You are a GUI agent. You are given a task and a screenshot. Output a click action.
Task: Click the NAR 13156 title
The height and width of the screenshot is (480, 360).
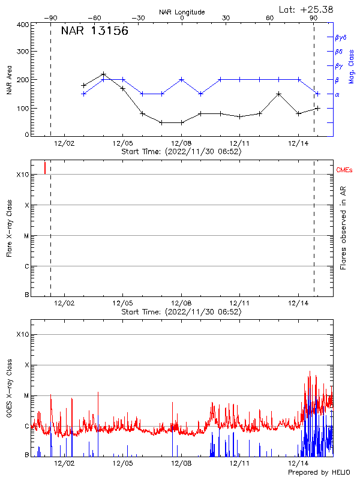click(x=94, y=32)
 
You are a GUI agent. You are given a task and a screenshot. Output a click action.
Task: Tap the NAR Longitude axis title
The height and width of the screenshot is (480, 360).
click(x=182, y=12)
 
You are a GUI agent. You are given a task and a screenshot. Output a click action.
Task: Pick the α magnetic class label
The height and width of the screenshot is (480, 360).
click(x=337, y=94)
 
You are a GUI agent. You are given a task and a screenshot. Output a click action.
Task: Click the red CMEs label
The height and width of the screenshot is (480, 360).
click(x=344, y=170)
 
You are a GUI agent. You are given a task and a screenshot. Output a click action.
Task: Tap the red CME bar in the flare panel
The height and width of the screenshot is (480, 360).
click(x=45, y=167)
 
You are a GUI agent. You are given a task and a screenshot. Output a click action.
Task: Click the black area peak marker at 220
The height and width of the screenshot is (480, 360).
click(x=104, y=74)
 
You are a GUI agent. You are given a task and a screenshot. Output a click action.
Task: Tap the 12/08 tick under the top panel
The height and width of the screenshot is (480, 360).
click(x=181, y=143)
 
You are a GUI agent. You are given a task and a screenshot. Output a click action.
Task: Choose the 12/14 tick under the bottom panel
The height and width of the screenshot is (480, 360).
click(x=299, y=463)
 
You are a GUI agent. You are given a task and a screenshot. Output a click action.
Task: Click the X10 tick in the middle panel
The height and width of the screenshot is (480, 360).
click(x=23, y=175)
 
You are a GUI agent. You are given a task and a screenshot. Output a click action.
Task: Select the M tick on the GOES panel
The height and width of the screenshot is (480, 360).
click(x=26, y=396)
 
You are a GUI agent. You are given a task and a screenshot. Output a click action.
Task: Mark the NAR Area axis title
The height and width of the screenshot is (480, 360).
click(x=9, y=80)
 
